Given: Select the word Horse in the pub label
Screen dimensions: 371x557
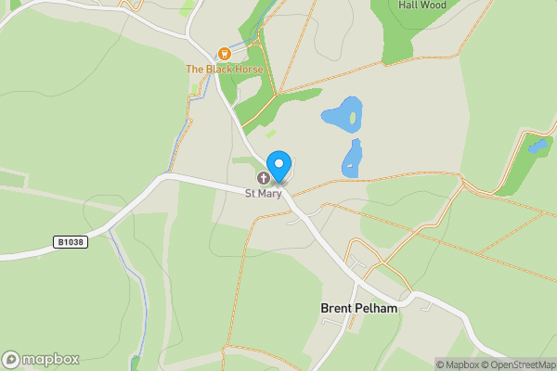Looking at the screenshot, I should click(x=249, y=70).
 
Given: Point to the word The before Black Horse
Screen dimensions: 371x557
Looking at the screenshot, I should click(x=195, y=70).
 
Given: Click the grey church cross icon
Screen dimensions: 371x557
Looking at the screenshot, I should click(x=264, y=178).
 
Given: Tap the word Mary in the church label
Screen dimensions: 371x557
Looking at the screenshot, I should click(x=268, y=194).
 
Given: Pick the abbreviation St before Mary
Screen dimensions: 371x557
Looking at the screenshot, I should click(x=250, y=194).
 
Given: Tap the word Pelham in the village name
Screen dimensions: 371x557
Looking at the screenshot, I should click(x=377, y=308).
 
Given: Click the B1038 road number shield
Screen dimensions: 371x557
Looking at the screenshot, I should click(x=70, y=243).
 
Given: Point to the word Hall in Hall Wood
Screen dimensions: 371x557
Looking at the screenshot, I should click(x=409, y=5).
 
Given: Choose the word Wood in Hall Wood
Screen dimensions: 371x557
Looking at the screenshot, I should click(x=434, y=5).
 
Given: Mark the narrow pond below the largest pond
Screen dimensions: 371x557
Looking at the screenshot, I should click(x=352, y=159).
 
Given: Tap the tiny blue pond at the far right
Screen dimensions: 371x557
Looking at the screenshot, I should click(x=538, y=146).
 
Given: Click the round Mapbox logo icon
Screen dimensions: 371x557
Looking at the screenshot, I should click(x=12, y=359).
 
